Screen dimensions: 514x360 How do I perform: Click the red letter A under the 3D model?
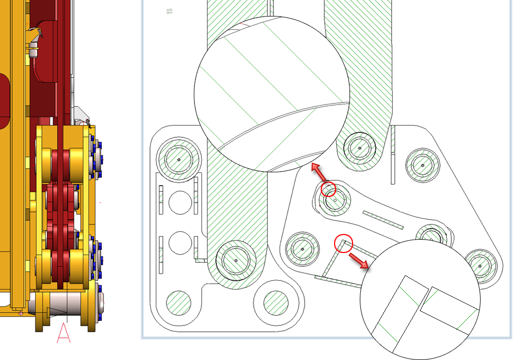click(x=64, y=332)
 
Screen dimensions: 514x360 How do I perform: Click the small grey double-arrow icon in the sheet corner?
click(x=169, y=11)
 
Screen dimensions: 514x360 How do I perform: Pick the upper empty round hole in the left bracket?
click(x=180, y=203)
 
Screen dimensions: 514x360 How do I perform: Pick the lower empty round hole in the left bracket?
click(x=180, y=243)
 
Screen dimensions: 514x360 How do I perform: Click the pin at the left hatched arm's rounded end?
click(x=236, y=261)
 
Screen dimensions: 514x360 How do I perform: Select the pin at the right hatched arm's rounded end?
click(x=360, y=148)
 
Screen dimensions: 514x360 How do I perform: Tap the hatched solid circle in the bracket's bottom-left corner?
click(x=179, y=303)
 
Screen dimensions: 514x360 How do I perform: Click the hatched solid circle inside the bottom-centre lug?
click(x=276, y=303)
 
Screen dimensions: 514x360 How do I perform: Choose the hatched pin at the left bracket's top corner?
click(x=179, y=159)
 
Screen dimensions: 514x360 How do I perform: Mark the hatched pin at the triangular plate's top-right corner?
click(x=423, y=165)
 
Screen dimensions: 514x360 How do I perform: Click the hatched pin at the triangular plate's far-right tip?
click(x=480, y=266)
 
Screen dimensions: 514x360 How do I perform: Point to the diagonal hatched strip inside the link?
click(x=383, y=220)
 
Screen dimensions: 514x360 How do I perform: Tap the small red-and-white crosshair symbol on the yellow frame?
click(x=21, y=313)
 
